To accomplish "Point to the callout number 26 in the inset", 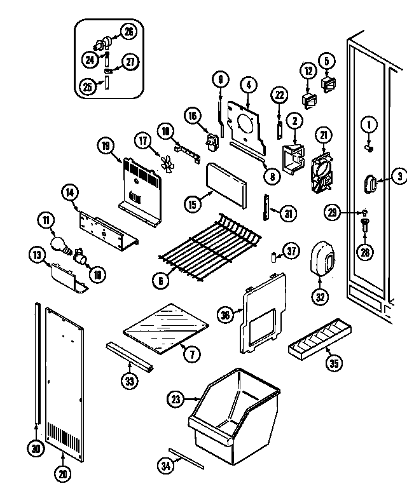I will point(128,31).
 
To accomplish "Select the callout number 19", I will point(106,146).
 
